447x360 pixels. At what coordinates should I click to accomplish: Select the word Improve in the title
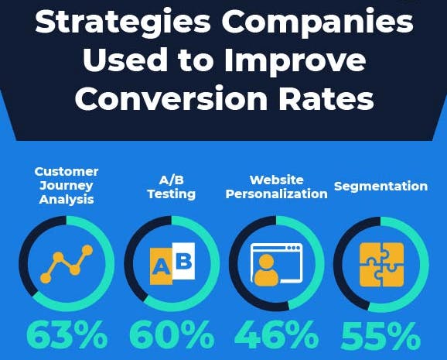[295, 60]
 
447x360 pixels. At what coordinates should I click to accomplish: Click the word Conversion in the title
[171, 98]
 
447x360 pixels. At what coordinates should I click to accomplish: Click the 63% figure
[67, 334]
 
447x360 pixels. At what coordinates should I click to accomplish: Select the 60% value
[172, 334]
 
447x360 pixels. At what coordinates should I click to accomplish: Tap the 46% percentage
[276, 334]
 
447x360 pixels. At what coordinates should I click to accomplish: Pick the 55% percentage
[380, 335]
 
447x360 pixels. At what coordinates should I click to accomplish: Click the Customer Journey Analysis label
[67, 186]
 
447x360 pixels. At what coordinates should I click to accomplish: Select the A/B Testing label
[172, 187]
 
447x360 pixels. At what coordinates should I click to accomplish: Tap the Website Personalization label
[276, 187]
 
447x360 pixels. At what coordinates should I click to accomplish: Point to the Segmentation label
[380, 187]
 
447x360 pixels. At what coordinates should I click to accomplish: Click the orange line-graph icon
[67, 264]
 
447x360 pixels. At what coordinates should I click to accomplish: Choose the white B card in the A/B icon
[183, 261]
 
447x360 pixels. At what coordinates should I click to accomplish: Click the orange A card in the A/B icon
[161, 266]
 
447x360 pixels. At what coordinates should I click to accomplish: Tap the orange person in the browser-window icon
[266, 270]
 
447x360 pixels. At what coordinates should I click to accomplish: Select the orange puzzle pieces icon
[382, 265]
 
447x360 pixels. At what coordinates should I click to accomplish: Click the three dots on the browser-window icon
[294, 248]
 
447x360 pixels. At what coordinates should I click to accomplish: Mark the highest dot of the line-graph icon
[87, 250]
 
